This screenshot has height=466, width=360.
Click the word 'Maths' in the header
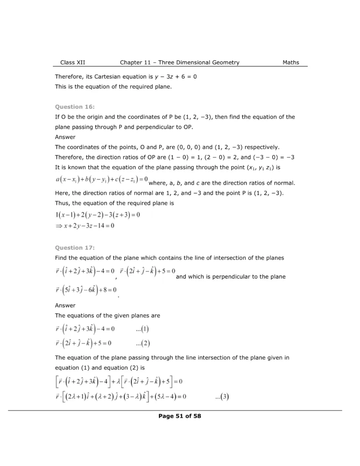[x=290, y=62]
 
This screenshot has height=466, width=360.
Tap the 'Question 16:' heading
[x=75, y=107]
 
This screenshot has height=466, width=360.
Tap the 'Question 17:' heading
[x=75, y=248]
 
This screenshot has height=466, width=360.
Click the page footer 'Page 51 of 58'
[x=180, y=415]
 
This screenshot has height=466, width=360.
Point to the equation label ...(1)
[x=142, y=329]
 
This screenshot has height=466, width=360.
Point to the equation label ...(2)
[x=142, y=343]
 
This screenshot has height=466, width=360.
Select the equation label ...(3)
[x=222, y=397]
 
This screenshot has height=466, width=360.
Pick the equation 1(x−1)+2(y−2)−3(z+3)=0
[x=97, y=214]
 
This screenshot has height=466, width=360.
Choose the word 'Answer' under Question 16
[x=65, y=137]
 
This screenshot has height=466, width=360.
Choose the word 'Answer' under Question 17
[x=65, y=305]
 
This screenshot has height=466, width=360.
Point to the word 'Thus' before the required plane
[x=61, y=203]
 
